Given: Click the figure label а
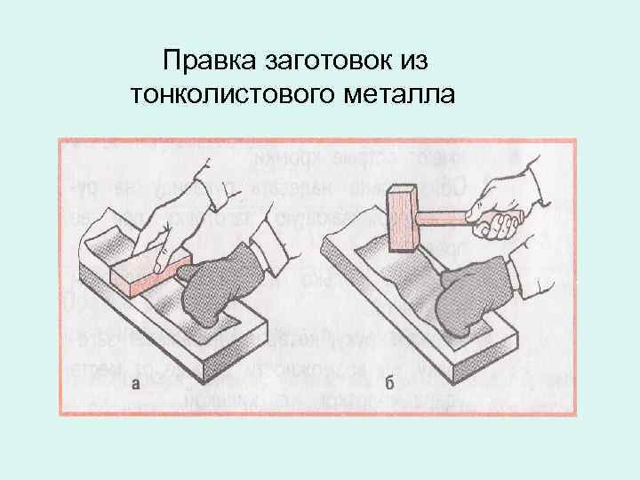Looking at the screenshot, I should [136, 383].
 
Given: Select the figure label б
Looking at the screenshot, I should [389, 383].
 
